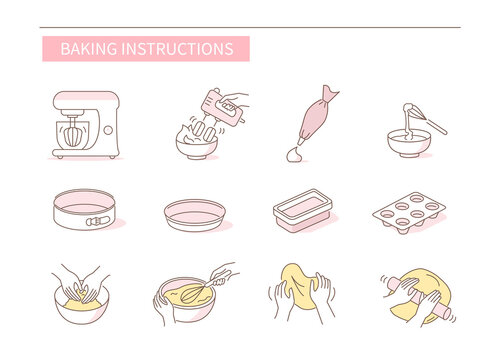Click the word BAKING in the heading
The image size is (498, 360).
87,49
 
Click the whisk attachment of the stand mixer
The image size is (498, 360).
77,134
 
